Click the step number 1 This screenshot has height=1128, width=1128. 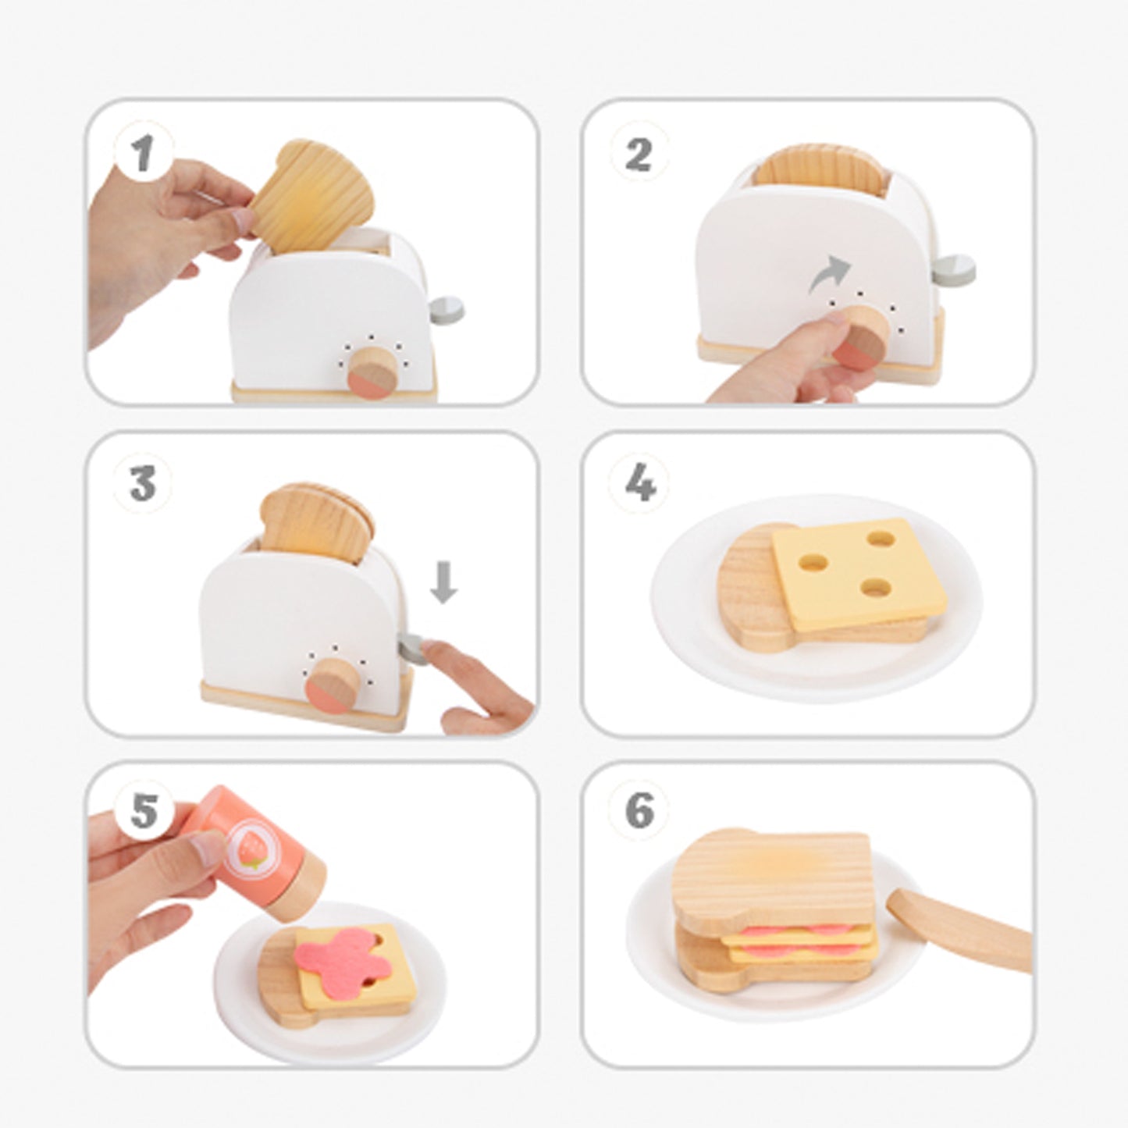click(x=142, y=154)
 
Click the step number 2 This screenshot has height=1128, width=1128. click(x=639, y=155)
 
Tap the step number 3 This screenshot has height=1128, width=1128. click(x=144, y=485)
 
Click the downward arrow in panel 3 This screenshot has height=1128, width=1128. click(x=443, y=582)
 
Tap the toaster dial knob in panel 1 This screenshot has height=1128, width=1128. click(x=372, y=373)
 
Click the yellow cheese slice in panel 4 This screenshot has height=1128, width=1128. click(x=860, y=575)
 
